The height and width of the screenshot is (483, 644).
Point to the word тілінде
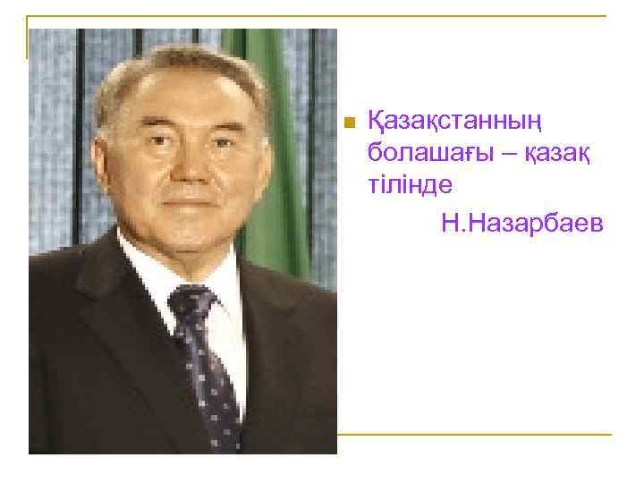pyautogui.click(x=411, y=183)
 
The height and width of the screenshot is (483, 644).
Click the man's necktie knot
pyautogui.click(x=191, y=304)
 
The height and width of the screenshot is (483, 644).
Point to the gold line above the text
pyautogui.click(x=358, y=16)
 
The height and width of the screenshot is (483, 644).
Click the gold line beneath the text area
pyautogui.click(x=474, y=435)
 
